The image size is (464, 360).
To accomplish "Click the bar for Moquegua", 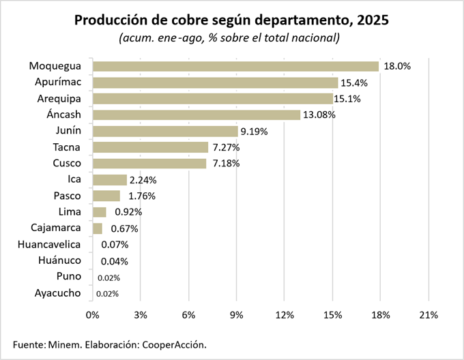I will [235, 66].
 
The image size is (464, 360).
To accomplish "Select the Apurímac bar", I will [215, 82].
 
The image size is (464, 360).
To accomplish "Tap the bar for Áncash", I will [197, 115].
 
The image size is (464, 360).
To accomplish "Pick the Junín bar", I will [165, 131].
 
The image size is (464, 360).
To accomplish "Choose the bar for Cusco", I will [149, 164].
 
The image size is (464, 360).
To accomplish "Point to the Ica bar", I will [110, 180].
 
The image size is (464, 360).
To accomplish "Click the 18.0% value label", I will [397, 66].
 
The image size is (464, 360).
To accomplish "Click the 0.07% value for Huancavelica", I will [115, 245].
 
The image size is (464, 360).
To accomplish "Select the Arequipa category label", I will [59, 99].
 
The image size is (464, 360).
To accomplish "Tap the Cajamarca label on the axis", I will [56, 228].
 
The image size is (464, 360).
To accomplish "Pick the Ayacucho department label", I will [57, 293].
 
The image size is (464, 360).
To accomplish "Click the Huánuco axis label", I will [59, 260].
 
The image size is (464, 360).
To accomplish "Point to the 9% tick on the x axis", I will [237, 315].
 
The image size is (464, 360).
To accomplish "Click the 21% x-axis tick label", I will [429, 315].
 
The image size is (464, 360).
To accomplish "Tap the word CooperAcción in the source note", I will [173, 344].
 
